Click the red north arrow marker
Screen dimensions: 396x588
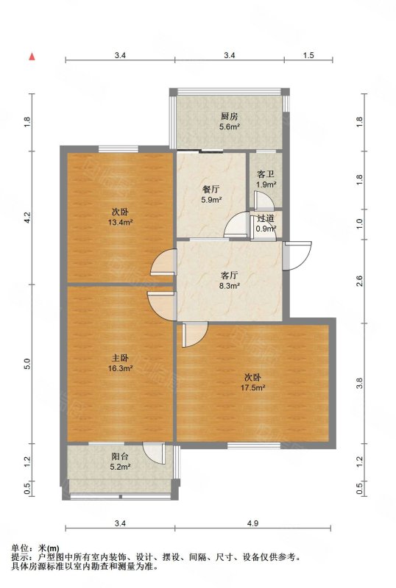[x=32, y=57]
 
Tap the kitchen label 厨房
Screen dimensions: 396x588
[x=230, y=117]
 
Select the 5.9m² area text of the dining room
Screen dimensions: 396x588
[x=211, y=200]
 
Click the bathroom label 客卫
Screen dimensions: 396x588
[x=265, y=174]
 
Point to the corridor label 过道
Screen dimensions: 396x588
[x=266, y=218]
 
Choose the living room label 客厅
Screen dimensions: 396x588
[x=229, y=276]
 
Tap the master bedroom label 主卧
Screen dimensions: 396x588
[x=120, y=358]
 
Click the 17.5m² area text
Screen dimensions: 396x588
[x=253, y=387]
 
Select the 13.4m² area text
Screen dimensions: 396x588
[x=120, y=223]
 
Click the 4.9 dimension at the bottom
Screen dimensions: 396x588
[x=253, y=523]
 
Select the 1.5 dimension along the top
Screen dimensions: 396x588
[x=308, y=56]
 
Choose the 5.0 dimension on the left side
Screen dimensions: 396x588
[x=26, y=364]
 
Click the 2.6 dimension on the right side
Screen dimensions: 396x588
[x=359, y=281]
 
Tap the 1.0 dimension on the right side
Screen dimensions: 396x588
[x=359, y=224]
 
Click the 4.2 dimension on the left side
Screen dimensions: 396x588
[x=26, y=217]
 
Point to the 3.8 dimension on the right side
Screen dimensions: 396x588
[x=359, y=383]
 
